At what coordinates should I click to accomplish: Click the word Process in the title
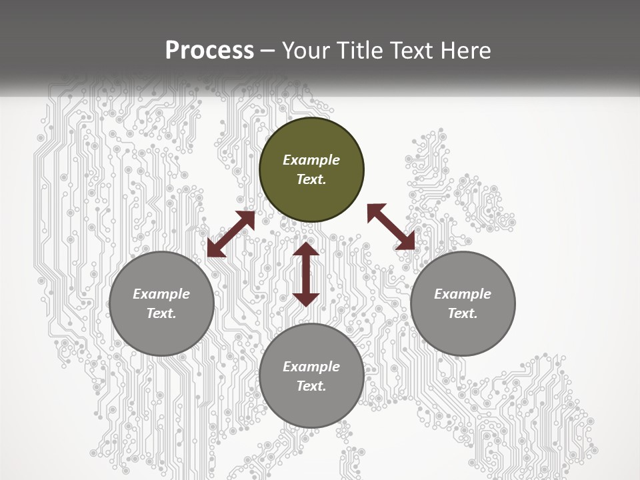(209, 51)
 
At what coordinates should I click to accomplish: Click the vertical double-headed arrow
(306, 274)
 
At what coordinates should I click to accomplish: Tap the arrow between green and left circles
(231, 234)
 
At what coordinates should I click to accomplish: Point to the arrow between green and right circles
(391, 227)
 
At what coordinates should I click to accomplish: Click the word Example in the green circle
(311, 160)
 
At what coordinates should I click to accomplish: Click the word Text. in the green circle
(311, 179)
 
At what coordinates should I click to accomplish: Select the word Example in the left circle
(161, 294)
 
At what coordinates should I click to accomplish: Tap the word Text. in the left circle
(161, 313)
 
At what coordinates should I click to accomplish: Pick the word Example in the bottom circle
(311, 367)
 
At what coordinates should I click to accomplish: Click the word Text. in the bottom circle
(311, 386)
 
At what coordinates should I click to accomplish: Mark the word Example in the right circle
(463, 294)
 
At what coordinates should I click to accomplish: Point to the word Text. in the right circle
(463, 313)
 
